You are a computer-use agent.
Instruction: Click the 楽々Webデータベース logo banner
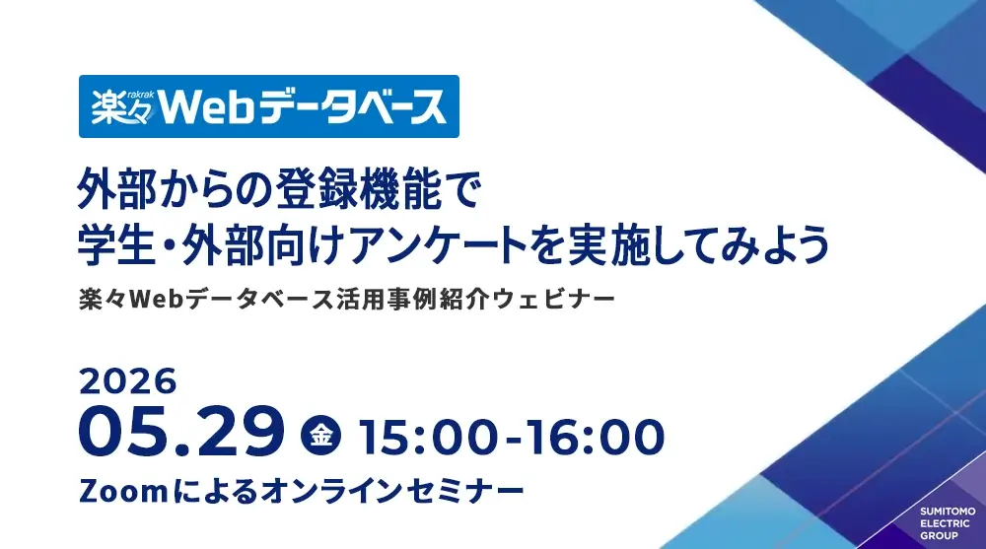pos(269,106)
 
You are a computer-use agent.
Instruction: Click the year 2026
pos(128,381)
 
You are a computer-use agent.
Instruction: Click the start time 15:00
pos(430,437)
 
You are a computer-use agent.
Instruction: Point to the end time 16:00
pos(595,437)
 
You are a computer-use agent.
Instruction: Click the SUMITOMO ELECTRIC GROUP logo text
pos(948,523)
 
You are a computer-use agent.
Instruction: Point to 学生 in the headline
pos(116,244)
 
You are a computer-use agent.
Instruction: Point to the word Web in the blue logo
pos(207,107)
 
